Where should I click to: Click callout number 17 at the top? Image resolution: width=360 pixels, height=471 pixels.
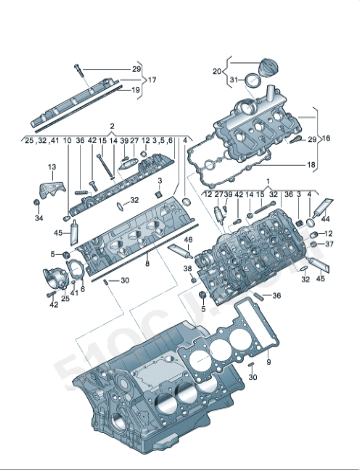click(x=153, y=78)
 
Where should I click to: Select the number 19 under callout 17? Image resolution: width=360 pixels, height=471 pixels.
click(x=136, y=89)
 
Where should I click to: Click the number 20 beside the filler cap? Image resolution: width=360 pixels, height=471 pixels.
click(x=217, y=71)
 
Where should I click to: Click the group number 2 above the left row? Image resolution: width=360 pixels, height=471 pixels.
click(x=112, y=128)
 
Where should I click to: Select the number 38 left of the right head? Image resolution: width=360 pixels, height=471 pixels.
click(x=187, y=268)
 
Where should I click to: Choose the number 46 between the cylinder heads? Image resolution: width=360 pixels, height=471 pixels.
click(x=186, y=241)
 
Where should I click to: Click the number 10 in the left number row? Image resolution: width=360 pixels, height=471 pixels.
click(x=67, y=142)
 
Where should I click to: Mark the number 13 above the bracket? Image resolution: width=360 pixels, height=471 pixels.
click(x=50, y=167)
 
